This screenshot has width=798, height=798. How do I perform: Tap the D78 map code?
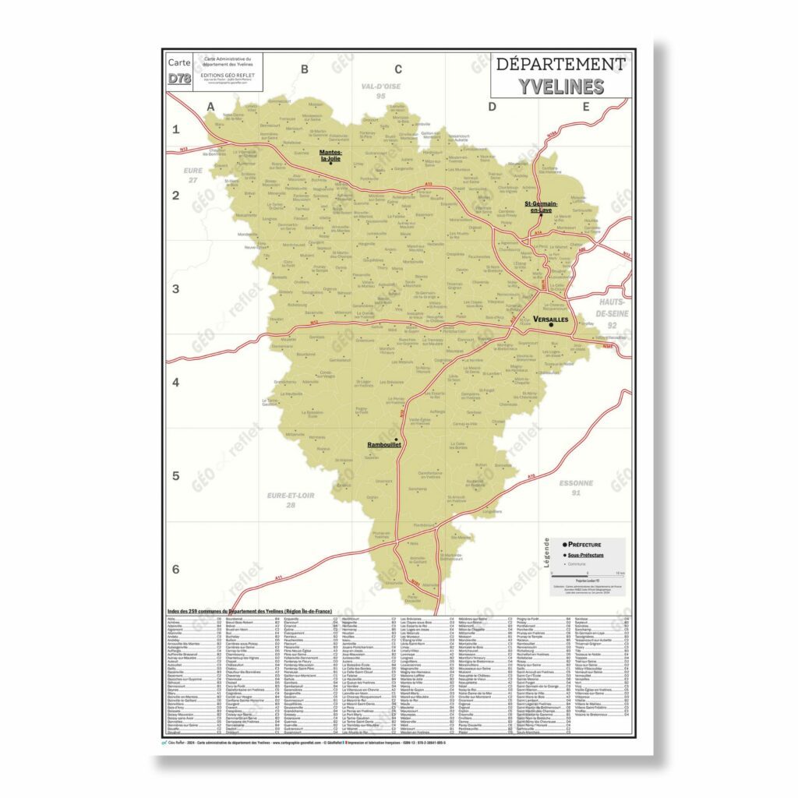(x=178, y=78)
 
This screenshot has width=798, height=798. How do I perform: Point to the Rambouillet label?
(x=383, y=444)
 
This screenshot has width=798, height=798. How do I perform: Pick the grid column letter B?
(x=305, y=69)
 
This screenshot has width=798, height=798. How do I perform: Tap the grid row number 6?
(x=175, y=569)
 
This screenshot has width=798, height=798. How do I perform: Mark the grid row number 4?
(x=175, y=382)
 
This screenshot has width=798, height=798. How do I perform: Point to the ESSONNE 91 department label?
(x=576, y=488)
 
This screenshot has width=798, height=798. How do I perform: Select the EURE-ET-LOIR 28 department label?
(x=291, y=500)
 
